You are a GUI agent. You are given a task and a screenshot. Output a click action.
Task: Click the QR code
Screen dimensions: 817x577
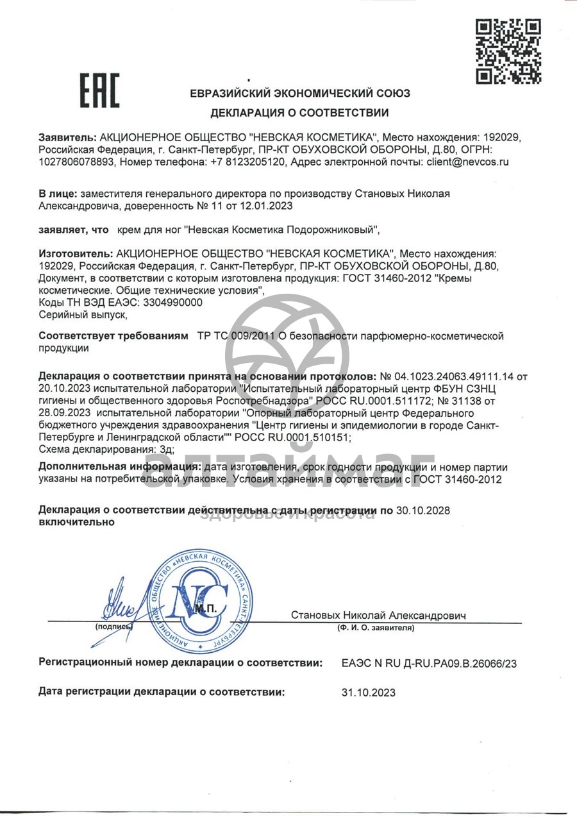pos(508,51)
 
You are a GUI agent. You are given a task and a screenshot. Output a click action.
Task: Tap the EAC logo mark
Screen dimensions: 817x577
pos(99,90)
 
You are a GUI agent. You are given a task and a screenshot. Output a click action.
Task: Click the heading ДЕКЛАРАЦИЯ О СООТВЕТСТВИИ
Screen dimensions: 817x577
pos(299,113)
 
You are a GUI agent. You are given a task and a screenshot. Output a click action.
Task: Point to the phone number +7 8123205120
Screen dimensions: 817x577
pos(247,162)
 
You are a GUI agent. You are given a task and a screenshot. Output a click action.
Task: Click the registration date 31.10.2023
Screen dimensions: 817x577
pos(369,692)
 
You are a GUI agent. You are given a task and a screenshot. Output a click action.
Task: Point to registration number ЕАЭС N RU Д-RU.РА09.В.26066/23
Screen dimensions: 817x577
pos(429,663)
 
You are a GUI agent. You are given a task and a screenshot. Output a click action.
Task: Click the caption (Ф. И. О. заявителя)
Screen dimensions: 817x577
pos(375,628)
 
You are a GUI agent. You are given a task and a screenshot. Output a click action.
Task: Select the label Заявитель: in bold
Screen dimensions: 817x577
pos(67,138)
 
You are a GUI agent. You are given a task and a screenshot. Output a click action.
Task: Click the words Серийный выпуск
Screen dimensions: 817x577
pos(83,314)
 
